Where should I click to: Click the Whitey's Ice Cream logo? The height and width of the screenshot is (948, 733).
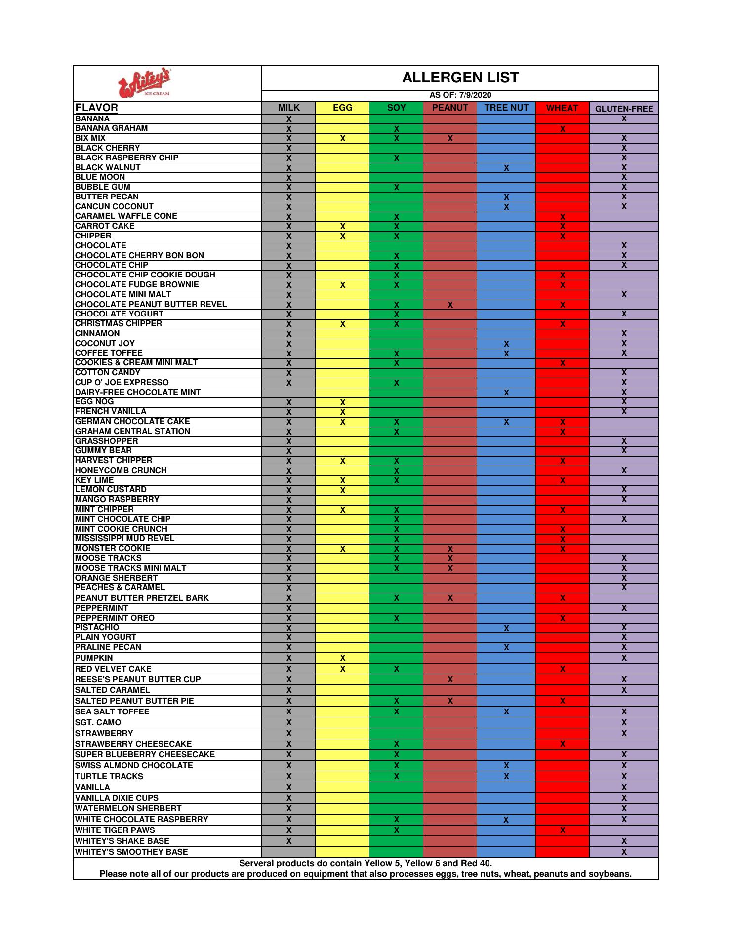[x=145, y=82]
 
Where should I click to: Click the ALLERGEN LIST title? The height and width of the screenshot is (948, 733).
[x=460, y=78]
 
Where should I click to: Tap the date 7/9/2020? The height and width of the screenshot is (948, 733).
[x=475, y=95]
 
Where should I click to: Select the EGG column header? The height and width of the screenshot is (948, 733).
[x=342, y=108]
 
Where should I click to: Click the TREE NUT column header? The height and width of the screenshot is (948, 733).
[x=506, y=108]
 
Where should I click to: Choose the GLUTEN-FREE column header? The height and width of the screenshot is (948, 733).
[x=624, y=109]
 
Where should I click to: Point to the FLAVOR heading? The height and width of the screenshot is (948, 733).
[x=96, y=108]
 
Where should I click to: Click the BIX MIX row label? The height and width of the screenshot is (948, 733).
[x=90, y=138]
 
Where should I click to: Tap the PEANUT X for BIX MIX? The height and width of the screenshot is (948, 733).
[x=450, y=139]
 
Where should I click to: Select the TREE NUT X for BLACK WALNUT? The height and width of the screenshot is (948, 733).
[x=506, y=168]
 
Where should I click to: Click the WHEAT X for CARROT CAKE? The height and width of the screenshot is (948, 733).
[x=563, y=227]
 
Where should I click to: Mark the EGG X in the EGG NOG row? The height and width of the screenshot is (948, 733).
[x=342, y=402]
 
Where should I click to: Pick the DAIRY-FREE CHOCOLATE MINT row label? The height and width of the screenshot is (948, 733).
[x=138, y=393]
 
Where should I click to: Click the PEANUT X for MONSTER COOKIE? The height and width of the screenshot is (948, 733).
[x=450, y=549]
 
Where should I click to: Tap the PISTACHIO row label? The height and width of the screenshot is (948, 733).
[x=97, y=628]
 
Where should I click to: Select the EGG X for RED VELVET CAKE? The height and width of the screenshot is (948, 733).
[x=342, y=669]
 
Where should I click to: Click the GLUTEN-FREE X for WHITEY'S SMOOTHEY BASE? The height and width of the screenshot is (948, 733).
[x=624, y=852]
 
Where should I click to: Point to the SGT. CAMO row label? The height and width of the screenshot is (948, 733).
[x=98, y=723]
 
